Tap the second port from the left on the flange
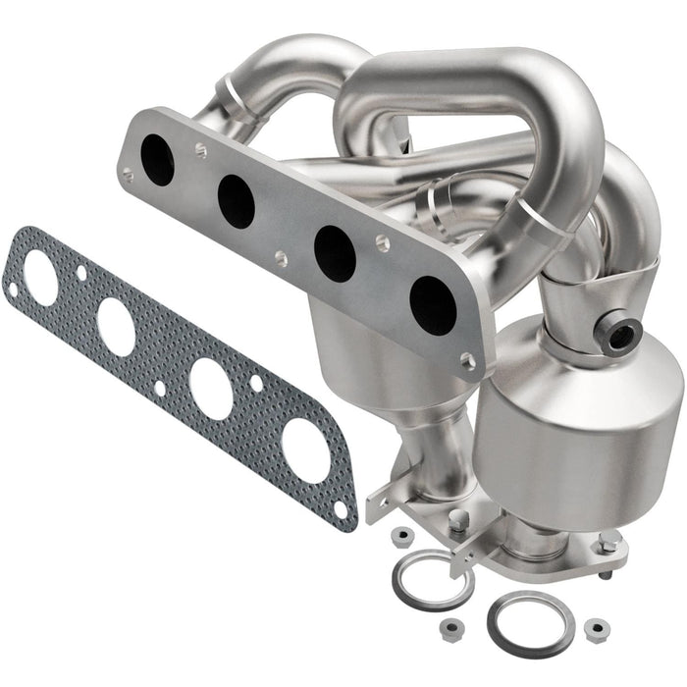pyautogui.click(x=236, y=201)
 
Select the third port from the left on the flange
pyautogui.click(x=334, y=253)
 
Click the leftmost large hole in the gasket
pyautogui.click(x=41, y=278)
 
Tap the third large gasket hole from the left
pyautogui.click(x=211, y=389)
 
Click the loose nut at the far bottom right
pyautogui.click(x=595, y=627)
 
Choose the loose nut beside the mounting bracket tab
pyautogui.click(x=400, y=536)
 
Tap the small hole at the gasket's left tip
pyautogui.click(x=12, y=290)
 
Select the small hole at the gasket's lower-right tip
pyautogui.click(x=340, y=510)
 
